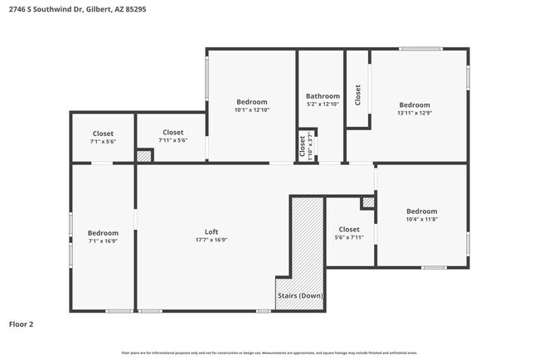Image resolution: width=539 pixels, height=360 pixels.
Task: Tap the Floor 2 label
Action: tap(22, 324)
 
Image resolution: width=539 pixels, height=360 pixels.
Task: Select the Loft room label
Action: tap(211, 231)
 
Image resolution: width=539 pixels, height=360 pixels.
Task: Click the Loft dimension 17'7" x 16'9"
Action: tap(211, 240)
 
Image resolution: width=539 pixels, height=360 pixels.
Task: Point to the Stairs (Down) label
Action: tap(299, 296)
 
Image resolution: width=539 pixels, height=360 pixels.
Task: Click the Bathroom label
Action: tap(323, 95)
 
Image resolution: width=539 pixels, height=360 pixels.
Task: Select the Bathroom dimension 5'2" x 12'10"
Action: tap(323, 105)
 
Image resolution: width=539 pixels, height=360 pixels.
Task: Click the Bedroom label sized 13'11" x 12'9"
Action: tap(415, 105)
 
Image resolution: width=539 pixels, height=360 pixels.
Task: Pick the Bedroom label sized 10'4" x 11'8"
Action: tap(421, 212)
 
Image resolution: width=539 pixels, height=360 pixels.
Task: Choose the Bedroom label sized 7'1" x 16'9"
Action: tap(103, 233)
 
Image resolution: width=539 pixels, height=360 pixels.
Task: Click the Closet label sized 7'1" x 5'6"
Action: tap(103, 134)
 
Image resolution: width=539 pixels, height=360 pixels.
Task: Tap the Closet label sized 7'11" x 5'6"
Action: tap(172, 133)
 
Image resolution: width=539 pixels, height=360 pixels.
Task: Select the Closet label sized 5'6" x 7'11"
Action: tap(349, 229)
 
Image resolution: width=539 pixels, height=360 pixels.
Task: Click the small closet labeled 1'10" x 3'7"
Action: tap(306, 145)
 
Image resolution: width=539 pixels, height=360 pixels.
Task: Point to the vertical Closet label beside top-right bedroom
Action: tap(357, 95)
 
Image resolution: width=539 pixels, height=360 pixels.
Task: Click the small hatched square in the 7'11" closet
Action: tap(144, 156)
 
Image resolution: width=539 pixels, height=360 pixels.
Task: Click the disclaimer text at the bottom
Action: tap(269, 352)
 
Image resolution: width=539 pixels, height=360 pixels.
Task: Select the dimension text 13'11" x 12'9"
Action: tap(415, 114)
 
